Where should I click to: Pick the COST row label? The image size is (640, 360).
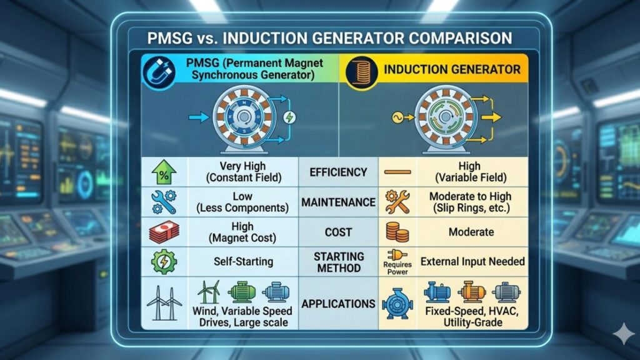(338, 232)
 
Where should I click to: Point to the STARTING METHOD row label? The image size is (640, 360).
(338, 262)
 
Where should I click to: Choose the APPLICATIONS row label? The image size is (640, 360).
(338, 304)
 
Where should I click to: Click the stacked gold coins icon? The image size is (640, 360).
(396, 232)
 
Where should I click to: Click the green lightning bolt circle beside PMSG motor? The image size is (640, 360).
(289, 117)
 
